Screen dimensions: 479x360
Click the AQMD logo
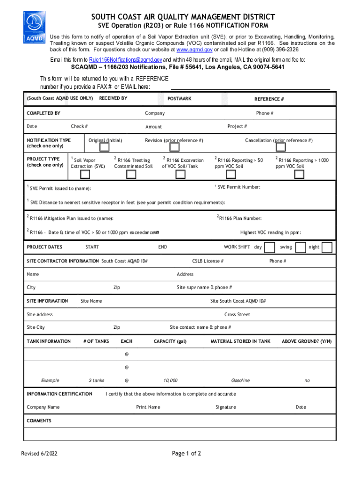(x=35, y=27)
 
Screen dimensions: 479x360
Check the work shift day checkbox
(x=270, y=247)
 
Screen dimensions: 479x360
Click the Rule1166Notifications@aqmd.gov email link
(x=126, y=60)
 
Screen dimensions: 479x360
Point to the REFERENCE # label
(x=269, y=99)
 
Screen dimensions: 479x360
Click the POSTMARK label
(x=180, y=99)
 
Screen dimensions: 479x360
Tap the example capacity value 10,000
(x=170, y=380)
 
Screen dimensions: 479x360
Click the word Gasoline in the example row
(x=240, y=380)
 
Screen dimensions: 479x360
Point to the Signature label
(x=226, y=407)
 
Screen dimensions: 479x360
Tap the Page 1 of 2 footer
(x=187, y=453)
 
